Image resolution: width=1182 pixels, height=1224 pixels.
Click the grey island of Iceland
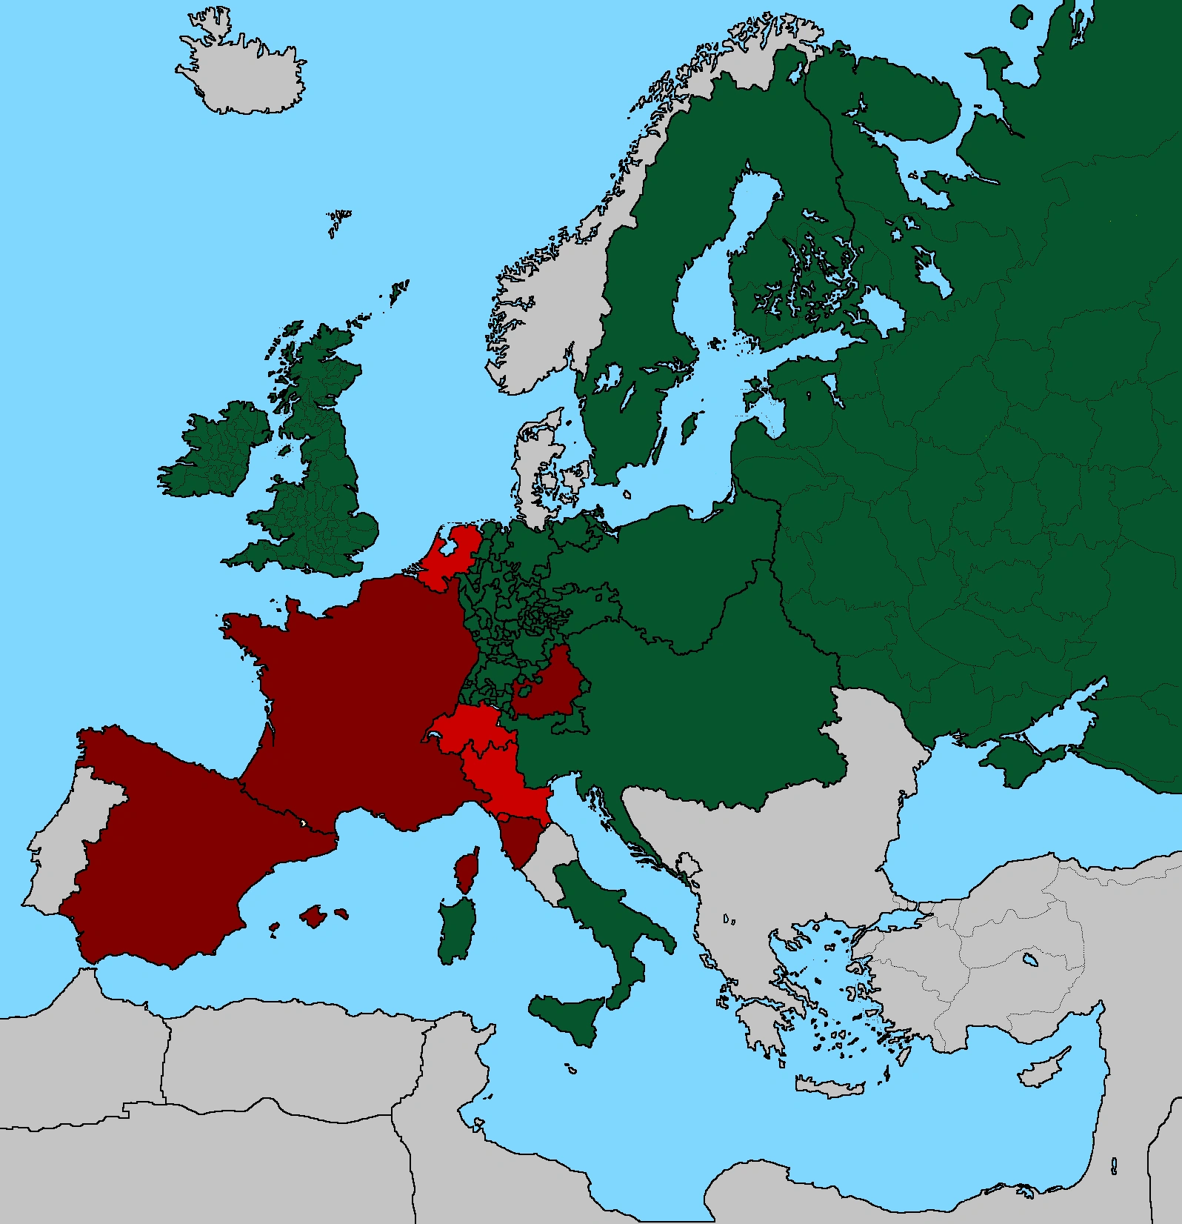pos(244,70)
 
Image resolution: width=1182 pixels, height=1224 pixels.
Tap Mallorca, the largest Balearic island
pos(314,917)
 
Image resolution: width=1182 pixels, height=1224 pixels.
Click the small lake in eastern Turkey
pos(1029,961)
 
